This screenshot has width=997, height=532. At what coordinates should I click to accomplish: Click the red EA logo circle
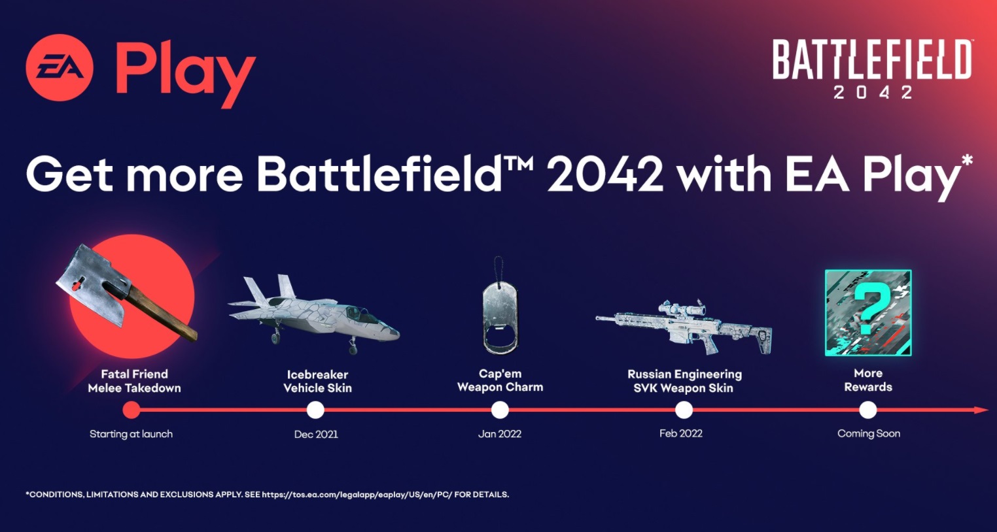tap(60, 67)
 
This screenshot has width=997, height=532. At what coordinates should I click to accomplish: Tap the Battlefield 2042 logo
tap(872, 69)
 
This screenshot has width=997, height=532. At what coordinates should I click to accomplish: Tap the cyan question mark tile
tap(868, 312)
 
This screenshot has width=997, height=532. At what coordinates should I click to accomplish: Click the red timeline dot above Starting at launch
tap(131, 410)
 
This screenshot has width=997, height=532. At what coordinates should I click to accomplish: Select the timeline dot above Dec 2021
tap(315, 410)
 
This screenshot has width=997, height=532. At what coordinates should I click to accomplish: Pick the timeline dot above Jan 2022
tap(500, 410)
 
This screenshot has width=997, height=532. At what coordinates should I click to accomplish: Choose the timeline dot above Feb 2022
tap(684, 410)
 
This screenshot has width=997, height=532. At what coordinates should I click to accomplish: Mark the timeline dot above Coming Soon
tap(868, 410)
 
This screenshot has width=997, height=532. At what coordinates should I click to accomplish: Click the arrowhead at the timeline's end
tap(981, 410)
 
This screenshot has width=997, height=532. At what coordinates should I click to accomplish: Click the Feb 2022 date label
tap(681, 433)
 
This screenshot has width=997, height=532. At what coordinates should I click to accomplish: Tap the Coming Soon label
tap(869, 434)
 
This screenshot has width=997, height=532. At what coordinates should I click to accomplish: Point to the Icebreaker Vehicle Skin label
tap(317, 381)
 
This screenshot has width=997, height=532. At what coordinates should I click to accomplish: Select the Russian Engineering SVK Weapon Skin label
tap(684, 381)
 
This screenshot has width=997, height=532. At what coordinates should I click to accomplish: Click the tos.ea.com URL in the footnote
tap(357, 495)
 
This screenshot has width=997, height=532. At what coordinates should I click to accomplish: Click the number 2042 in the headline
tap(605, 174)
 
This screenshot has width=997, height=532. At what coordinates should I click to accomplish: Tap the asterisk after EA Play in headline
tap(966, 161)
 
